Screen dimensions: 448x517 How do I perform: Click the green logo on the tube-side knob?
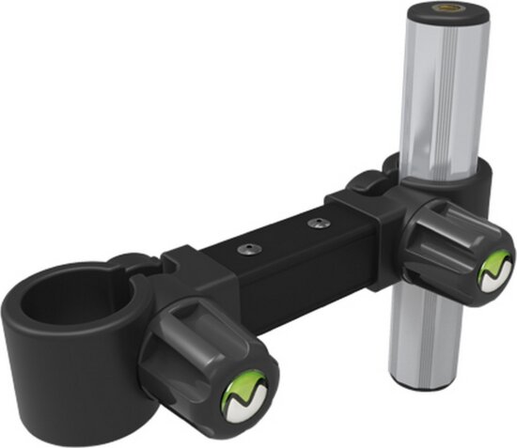[493, 270]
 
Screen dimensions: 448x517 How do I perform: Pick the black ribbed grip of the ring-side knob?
[193, 343]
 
